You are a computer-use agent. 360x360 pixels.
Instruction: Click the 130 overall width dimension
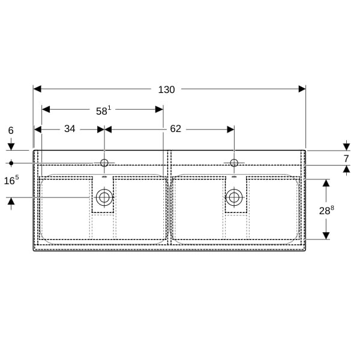[x=166, y=89]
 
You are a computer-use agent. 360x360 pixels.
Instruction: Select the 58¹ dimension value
[x=103, y=110]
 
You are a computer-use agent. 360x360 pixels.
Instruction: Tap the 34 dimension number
[x=70, y=129]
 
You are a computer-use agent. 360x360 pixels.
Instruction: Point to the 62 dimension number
[x=176, y=129]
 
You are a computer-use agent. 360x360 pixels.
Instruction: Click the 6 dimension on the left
[x=11, y=131]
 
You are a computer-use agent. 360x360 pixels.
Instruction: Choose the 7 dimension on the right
[x=346, y=158]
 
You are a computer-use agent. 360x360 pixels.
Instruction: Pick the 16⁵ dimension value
[x=11, y=180]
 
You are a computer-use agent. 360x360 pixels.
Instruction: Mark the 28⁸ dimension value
[x=326, y=210]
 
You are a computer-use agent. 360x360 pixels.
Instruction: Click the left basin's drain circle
[x=104, y=197]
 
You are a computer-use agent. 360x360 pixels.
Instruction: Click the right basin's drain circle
[x=234, y=197]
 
